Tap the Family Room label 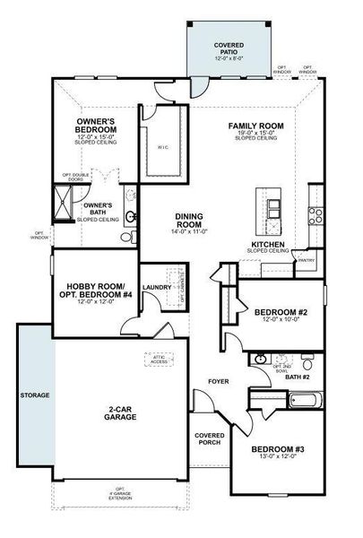tap(256, 126)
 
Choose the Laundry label tap(156, 288)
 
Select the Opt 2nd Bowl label tap(282, 368)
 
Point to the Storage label tap(36, 395)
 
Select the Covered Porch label tap(210, 438)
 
